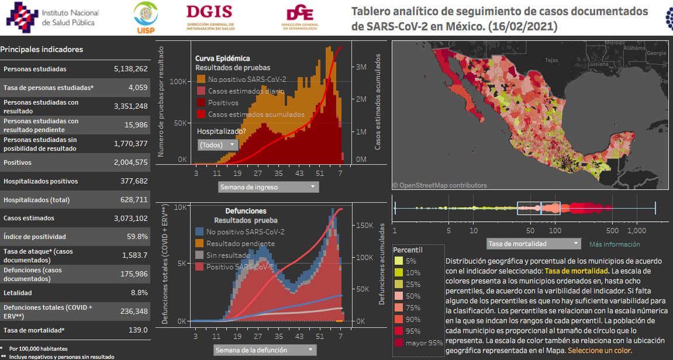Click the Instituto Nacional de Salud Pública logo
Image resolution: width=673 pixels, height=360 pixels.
[53, 18]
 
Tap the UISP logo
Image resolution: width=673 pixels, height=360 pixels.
[145, 18]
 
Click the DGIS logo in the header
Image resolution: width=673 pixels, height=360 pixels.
[210, 18]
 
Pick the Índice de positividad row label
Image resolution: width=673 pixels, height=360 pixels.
[34, 237]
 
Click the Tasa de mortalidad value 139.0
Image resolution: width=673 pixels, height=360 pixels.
[137, 330]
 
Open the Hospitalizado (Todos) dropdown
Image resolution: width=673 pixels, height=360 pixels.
[218, 144]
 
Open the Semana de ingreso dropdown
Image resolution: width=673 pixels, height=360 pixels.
[268, 187]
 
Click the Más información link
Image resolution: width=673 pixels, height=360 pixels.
[614, 244]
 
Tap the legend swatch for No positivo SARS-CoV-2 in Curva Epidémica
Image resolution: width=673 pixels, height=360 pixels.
[201, 79]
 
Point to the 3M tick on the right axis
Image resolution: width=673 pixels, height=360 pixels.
[361, 67]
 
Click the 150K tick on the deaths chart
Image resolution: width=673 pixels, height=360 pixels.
[365, 225]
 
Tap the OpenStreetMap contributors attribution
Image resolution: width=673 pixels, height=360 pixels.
[439, 185]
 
